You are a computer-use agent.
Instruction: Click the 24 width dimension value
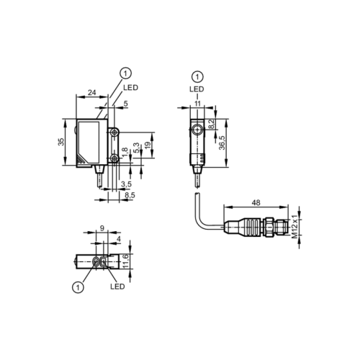(92, 92)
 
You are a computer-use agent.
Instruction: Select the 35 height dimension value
(61, 142)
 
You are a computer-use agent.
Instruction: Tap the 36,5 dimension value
(222, 143)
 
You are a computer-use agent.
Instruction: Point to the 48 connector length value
(256, 203)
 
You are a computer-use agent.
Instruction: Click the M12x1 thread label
(294, 226)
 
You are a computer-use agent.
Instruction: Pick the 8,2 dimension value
(211, 125)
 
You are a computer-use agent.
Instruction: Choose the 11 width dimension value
(197, 104)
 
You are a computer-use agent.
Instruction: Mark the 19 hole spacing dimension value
(148, 145)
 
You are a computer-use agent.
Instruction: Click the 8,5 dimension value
(130, 195)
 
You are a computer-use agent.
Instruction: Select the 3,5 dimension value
(126, 184)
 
